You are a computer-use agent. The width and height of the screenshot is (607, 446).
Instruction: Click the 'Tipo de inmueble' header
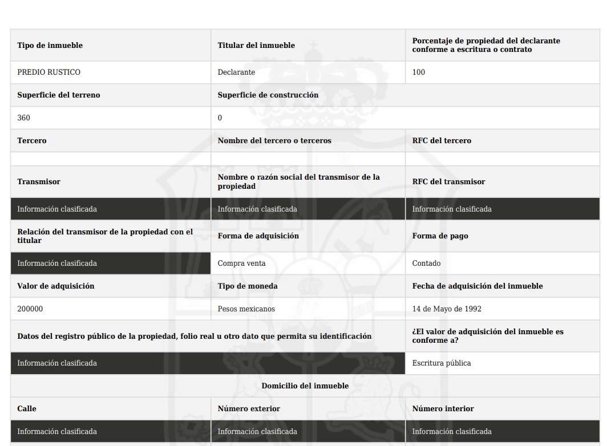click(50, 46)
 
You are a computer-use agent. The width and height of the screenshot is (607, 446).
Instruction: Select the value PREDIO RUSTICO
click(48, 72)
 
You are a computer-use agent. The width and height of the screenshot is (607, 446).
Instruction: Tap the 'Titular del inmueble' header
click(256, 46)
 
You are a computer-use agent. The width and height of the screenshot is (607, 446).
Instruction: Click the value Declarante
click(236, 72)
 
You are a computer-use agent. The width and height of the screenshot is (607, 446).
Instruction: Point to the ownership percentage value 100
click(419, 72)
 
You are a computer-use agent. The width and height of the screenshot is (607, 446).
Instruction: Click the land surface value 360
click(24, 118)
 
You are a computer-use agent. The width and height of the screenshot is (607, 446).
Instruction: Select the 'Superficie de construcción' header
click(268, 95)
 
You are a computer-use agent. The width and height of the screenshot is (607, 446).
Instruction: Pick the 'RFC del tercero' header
click(442, 141)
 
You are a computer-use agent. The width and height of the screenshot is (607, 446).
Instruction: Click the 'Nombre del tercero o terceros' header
click(274, 141)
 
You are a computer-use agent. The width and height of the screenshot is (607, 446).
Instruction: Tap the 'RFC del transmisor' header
click(448, 182)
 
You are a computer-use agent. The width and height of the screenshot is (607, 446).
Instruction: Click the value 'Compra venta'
click(241, 263)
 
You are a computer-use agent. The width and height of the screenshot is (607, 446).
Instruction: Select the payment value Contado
click(426, 263)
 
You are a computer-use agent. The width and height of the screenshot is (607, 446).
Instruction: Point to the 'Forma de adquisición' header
click(258, 236)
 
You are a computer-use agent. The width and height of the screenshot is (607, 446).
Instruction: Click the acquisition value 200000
click(30, 309)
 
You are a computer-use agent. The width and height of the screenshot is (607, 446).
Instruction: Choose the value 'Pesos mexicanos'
click(246, 309)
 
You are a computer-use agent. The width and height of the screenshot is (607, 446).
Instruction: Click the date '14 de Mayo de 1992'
click(447, 309)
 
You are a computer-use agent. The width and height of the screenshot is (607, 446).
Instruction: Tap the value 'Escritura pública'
click(442, 363)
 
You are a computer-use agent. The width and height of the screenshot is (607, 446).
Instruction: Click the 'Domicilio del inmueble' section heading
click(305, 386)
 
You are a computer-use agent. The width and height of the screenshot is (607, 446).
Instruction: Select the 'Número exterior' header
click(249, 409)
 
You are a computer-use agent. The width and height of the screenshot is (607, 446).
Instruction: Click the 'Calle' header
click(27, 409)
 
